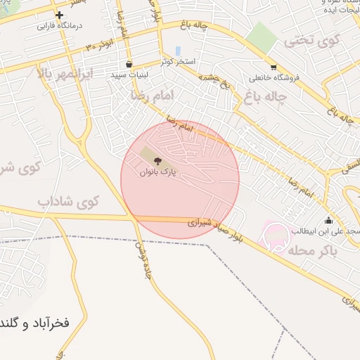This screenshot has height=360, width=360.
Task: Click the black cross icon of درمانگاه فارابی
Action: [59, 15]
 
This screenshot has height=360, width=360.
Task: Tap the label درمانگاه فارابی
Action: [60, 26]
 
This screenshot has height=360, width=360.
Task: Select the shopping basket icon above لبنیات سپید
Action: [129, 64]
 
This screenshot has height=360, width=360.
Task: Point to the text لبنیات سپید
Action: [129, 74]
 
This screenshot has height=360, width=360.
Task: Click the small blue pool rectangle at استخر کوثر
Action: [178, 51]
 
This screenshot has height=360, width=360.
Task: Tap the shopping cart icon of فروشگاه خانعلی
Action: [274, 67]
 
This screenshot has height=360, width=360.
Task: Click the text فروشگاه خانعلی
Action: [274, 77]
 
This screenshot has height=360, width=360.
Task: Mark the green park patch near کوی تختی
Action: [261, 36]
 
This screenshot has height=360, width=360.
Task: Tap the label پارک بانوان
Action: [157, 172]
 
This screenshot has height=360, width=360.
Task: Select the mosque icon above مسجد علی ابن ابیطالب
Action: [328, 220]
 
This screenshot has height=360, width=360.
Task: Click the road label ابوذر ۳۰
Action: [101, 44]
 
